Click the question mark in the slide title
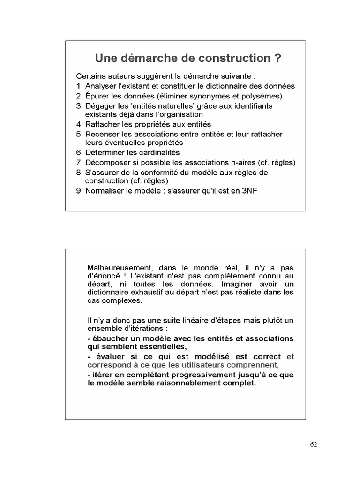pos(277,59)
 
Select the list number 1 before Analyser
pos(78,86)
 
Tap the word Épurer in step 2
pos(97,96)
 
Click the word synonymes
pos(207,96)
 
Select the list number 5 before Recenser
pos(78,135)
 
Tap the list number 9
pos(78,191)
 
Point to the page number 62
pos(314,445)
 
